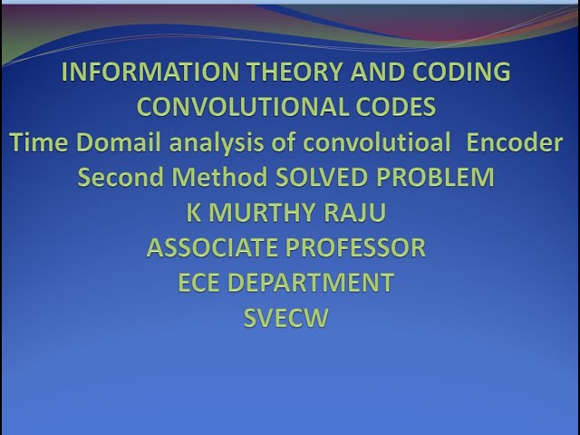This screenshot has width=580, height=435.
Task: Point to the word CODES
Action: [x=392, y=107]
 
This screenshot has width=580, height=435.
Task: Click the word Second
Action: [x=115, y=177]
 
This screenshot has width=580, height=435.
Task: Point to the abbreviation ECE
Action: [x=199, y=283]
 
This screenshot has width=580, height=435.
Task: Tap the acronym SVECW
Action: [x=285, y=318]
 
